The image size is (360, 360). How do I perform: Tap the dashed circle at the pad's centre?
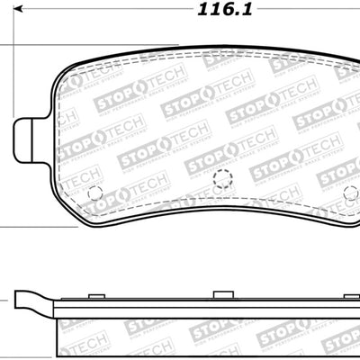click(222, 179)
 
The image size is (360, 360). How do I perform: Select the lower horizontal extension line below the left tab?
click(27, 228)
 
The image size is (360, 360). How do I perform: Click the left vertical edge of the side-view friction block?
click(58, 337)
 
